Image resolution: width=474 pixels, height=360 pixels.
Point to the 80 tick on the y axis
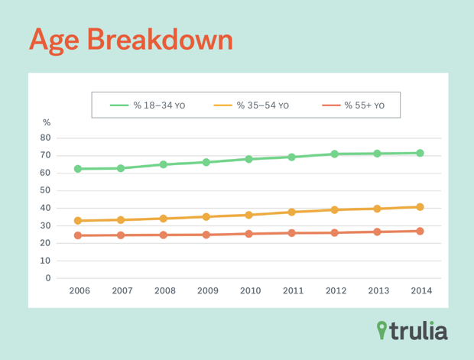point(46,138)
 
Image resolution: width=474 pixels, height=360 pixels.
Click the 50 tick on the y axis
point(46,191)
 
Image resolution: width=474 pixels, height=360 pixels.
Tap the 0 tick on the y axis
point(47,278)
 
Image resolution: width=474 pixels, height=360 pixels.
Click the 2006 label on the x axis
point(79,291)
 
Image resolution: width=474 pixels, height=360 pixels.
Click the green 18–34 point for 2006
point(78,168)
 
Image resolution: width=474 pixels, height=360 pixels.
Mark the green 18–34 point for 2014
point(420,153)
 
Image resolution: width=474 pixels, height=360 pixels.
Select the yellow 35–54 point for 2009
point(206,216)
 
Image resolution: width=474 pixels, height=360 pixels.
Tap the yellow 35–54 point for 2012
point(334,209)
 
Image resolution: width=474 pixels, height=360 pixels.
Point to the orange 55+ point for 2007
point(121,235)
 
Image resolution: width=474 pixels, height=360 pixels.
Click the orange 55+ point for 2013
point(377,232)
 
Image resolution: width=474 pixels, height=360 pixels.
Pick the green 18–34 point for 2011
point(291,157)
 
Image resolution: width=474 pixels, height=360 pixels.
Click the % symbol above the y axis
point(47,122)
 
